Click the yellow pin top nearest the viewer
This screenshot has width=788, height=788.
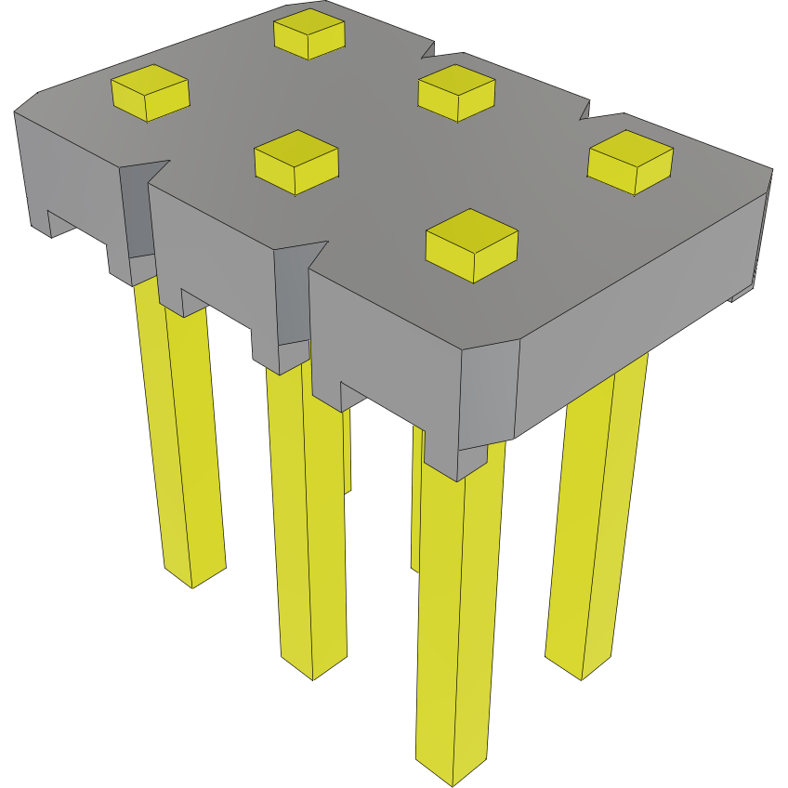(x=471, y=243)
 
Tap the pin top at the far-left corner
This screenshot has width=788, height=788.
(x=150, y=92)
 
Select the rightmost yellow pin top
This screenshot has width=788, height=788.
(x=630, y=161)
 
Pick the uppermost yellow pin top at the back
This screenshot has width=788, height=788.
(x=309, y=33)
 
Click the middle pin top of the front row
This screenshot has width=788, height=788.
(x=295, y=161)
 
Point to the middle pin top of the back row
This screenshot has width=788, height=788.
(x=455, y=91)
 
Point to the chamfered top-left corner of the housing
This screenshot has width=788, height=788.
(x=26, y=101)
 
